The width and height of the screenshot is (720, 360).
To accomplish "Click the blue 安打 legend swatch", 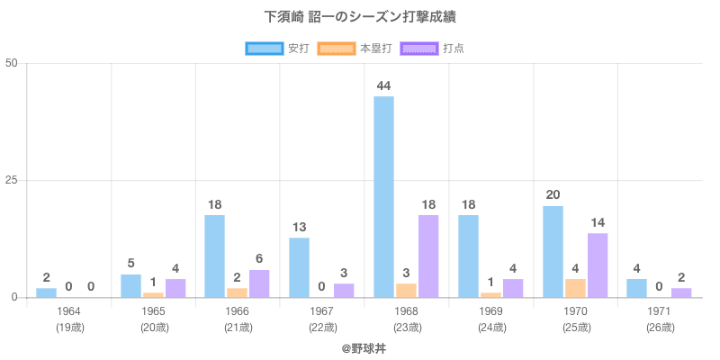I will (264, 48).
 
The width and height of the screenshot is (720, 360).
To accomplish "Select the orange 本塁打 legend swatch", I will (336, 48).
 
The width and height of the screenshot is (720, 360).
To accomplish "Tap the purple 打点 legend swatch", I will (419, 48).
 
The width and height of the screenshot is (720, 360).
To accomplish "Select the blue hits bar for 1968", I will (383, 196).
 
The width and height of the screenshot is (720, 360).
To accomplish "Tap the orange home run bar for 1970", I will (575, 288).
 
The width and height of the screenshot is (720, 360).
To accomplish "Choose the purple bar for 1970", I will (598, 265).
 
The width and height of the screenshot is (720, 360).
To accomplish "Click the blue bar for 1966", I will (214, 256).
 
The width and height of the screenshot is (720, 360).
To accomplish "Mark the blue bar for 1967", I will (299, 267).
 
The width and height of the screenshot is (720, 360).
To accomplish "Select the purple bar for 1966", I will (259, 283).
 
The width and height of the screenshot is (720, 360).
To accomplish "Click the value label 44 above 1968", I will (383, 85).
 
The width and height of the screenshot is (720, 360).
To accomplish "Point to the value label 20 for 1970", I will (553, 194).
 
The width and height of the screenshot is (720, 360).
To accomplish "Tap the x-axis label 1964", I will (68, 311).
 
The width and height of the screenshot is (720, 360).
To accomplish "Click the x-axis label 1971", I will (661, 311).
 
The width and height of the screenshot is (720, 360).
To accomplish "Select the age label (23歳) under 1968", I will (407, 327).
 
